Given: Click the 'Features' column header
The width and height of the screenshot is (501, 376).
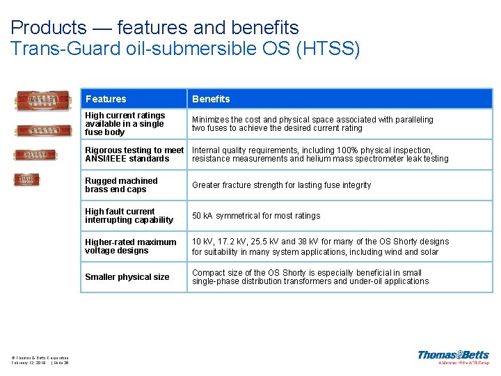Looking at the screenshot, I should [106, 99].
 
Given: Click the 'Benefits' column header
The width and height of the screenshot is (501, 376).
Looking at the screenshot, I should [211, 99].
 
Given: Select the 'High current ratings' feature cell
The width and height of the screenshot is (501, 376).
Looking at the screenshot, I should [125, 124].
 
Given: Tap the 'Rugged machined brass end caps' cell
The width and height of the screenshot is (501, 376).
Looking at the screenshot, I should [122, 185].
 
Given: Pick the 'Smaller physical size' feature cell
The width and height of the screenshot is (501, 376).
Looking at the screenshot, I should [127, 277].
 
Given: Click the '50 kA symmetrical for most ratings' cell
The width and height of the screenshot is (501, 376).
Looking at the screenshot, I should [256, 216].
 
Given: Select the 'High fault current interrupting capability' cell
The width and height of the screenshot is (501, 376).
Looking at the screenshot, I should [129, 216].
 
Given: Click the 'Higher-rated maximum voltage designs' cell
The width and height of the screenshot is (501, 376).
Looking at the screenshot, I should [131, 246].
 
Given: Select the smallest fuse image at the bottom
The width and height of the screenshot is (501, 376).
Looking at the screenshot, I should [27, 180].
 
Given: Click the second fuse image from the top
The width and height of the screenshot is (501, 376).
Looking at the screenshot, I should [43, 130].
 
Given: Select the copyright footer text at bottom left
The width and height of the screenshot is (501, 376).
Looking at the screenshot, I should [40, 360].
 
